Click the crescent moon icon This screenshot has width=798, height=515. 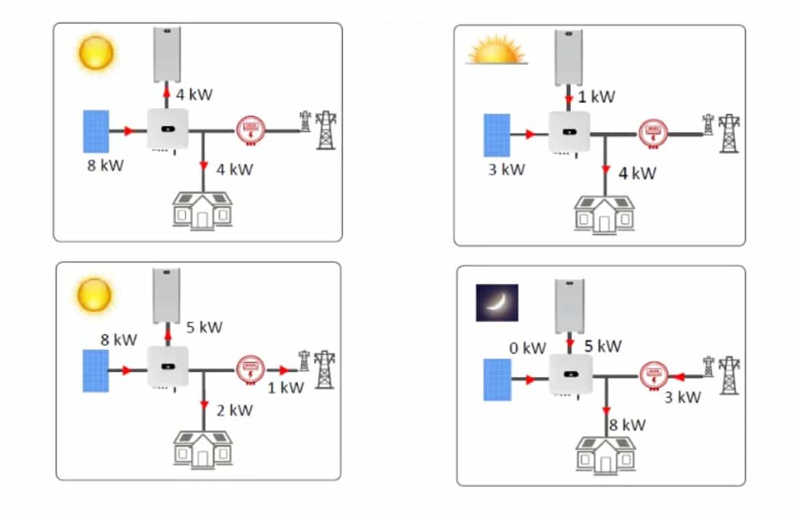pos(496,303)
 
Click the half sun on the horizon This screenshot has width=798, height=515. pos(496,50)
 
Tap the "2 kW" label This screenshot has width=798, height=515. pos(235,410)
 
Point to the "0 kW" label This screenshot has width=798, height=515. pos(527,348)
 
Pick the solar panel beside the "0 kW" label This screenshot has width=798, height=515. pos(497,380)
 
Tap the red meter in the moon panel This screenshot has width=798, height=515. pos(654,376)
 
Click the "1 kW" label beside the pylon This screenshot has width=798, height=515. pos(286,388)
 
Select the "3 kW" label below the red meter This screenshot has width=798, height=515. pos(682,397)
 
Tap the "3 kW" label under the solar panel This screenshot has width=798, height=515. pos(507,170)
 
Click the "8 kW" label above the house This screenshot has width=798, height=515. pos(628,425)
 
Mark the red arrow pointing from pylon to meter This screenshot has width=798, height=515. pos(678,377)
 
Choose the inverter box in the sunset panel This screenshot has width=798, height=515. pos(570,132)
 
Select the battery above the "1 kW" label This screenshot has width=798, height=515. pos(569,57)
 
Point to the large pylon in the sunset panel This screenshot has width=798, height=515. pos(730,133)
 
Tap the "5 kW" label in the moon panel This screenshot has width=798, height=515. pos(603,346)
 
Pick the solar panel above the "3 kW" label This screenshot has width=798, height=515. pos(496,135)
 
